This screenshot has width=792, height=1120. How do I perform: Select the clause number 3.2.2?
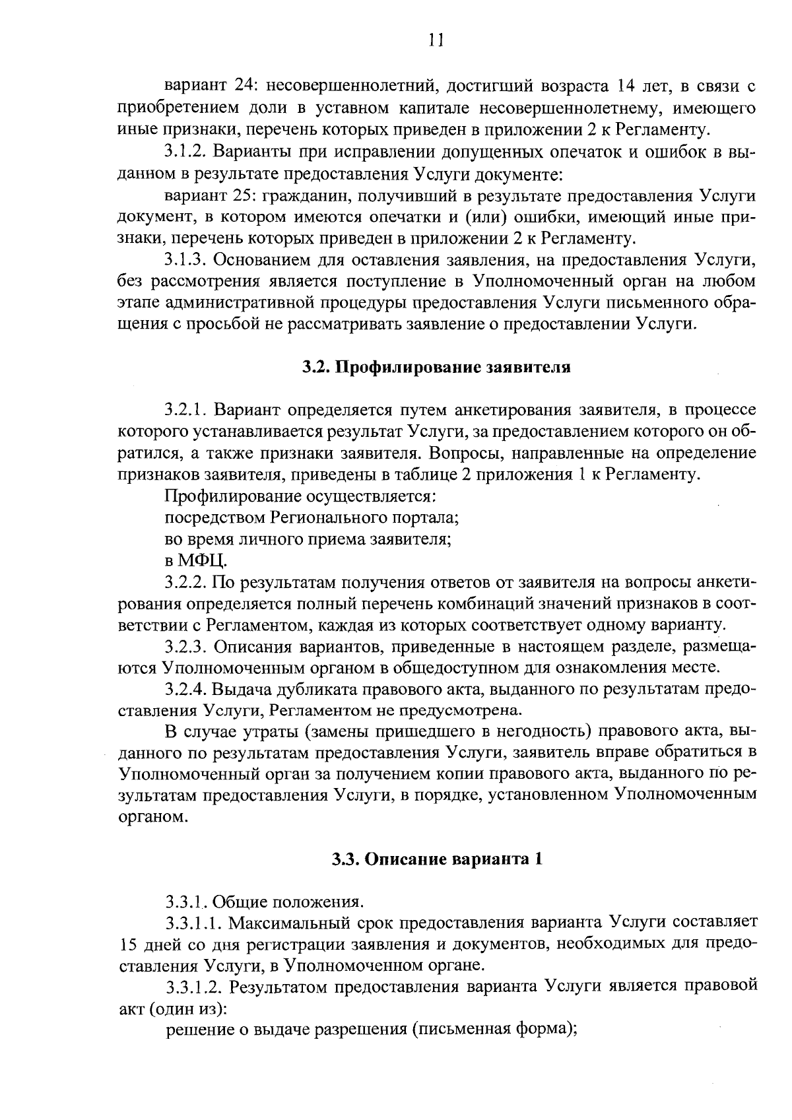(187, 583)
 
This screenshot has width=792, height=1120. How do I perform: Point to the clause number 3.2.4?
(187, 689)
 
